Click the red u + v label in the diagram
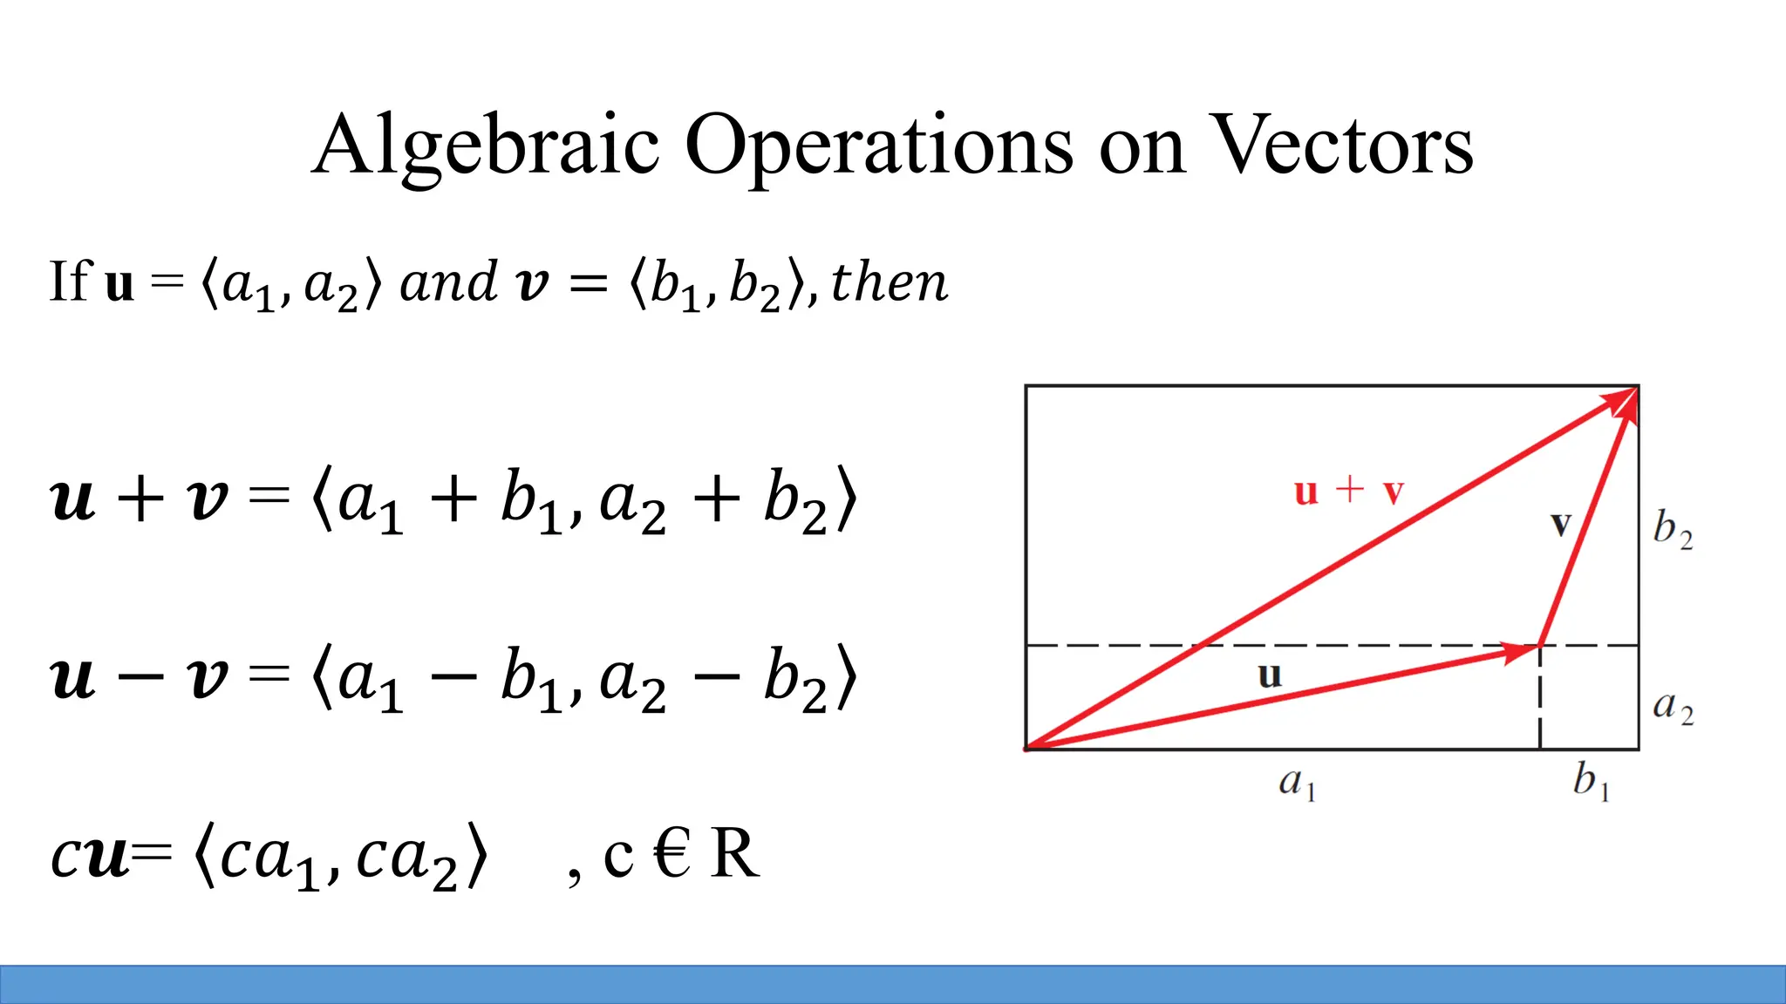tap(1348, 492)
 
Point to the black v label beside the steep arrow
tap(1561, 525)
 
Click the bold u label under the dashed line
tap(1270, 675)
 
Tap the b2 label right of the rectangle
tap(1673, 529)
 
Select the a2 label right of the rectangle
tap(1673, 706)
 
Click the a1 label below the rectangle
tap(1297, 782)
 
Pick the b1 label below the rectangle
tap(1591, 780)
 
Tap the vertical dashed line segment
tap(1540, 697)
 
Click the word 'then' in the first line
tap(889, 283)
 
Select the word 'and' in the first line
tap(448, 283)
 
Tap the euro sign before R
tap(671, 854)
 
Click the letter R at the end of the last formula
tap(734, 854)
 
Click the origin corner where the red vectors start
tap(1028, 748)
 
